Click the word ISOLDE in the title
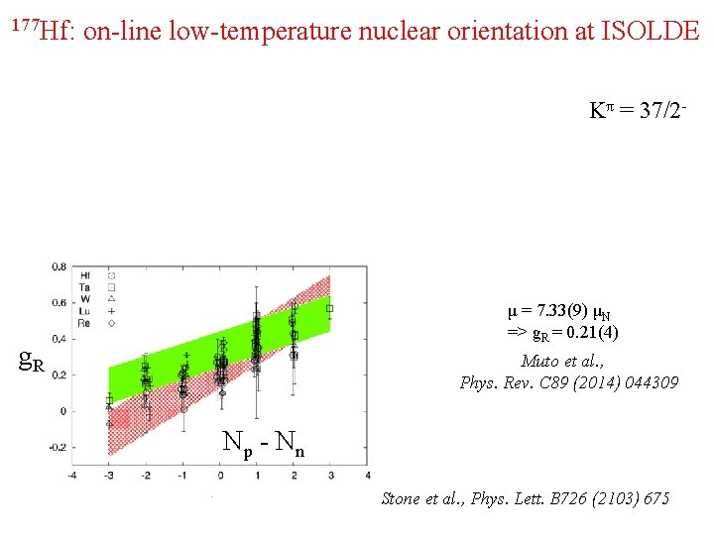(651, 31)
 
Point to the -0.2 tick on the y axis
(58, 447)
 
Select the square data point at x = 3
(330, 308)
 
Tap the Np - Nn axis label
(263, 442)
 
